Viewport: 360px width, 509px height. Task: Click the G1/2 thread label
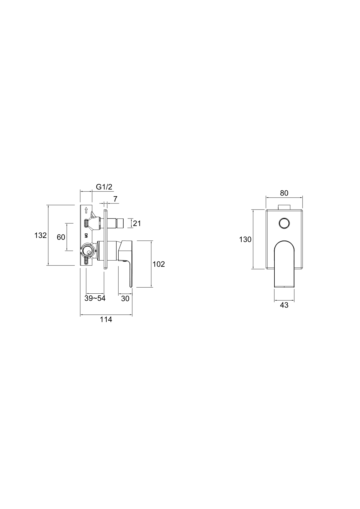click(x=104, y=187)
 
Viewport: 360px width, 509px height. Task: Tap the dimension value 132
click(x=41, y=235)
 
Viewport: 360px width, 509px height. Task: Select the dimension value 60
click(x=61, y=237)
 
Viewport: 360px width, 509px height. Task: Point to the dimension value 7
click(x=115, y=199)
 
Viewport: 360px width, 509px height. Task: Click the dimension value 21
click(x=137, y=223)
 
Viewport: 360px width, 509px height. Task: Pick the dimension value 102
click(x=159, y=264)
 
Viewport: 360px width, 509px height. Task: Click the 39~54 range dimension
click(x=95, y=298)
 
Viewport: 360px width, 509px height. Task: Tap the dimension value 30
click(x=125, y=298)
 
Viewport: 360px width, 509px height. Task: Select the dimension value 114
click(x=106, y=320)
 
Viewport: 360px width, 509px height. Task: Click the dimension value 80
click(x=284, y=193)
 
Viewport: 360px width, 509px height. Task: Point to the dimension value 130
click(x=245, y=240)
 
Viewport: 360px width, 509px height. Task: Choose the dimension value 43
click(x=284, y=305)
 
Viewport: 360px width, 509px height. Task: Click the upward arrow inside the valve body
click(x=86, y=210)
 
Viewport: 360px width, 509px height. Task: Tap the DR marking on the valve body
click(x=86, y=235)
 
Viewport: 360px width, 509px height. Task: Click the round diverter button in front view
click(x=284, y=223)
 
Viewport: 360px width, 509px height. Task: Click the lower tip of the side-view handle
click(x=131, y=286)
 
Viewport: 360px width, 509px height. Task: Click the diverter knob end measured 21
click(x=120, y=223)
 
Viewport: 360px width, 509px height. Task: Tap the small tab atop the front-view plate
click(x=284, y=207)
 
